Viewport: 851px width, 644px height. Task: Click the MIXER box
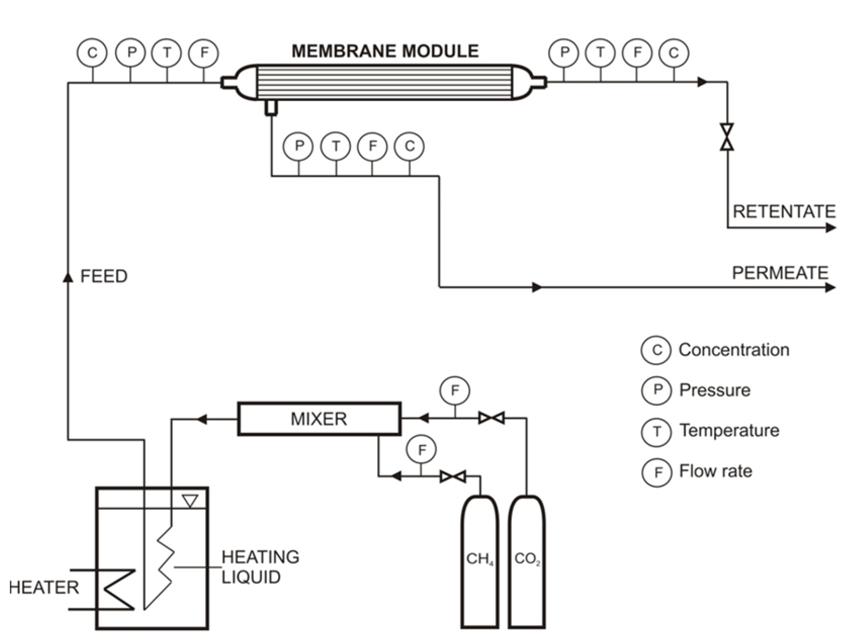(319, 419)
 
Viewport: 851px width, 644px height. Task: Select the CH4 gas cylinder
(479, 561)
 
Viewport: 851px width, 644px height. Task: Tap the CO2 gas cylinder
(527, 561)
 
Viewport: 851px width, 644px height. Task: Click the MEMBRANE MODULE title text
(385, 51)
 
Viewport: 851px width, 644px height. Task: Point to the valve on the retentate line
(727, 137)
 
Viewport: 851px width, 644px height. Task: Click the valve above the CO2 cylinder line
(491, 418)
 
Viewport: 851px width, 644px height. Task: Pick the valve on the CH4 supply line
(453, 477)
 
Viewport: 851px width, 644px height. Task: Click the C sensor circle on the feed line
(92, 53)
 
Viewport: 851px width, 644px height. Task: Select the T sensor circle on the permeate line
(335, 146)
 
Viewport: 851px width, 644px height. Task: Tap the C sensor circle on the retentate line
(673, 53)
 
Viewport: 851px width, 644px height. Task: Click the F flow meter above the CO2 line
(455, 391)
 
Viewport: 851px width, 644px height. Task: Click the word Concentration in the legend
(734, 350)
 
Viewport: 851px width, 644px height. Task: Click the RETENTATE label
(784, 212)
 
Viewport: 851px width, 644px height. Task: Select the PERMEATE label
(780, 273)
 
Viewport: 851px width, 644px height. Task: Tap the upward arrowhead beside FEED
(68, 277)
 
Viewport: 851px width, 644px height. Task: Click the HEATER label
(44, 588)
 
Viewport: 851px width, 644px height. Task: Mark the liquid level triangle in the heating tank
(190, 501)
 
